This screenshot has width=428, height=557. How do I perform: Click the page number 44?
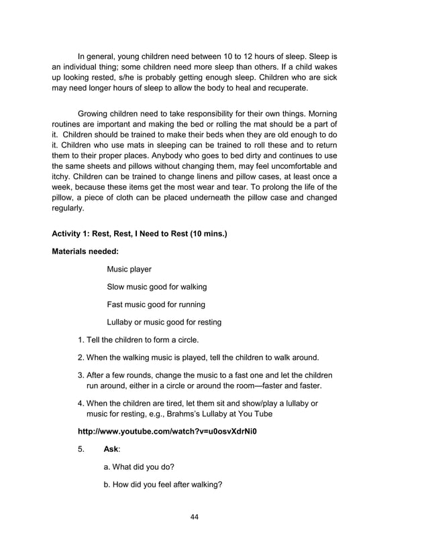(194, 516)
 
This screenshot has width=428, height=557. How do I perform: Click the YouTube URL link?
(168, 431)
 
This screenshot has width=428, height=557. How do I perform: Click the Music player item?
(129, 269)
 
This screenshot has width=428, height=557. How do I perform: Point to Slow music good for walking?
(156, 287)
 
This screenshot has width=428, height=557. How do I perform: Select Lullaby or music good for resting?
(164, 322)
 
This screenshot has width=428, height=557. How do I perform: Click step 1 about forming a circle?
(144, 339)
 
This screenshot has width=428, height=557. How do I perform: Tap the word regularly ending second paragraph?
(68, 208)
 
